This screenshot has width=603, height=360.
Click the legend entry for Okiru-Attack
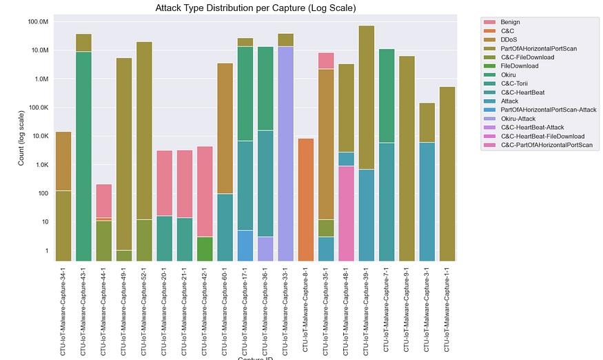520,119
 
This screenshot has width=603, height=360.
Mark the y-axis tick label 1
46,250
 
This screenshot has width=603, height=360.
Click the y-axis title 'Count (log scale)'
21,141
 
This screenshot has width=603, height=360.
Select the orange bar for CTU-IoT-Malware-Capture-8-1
307,200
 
